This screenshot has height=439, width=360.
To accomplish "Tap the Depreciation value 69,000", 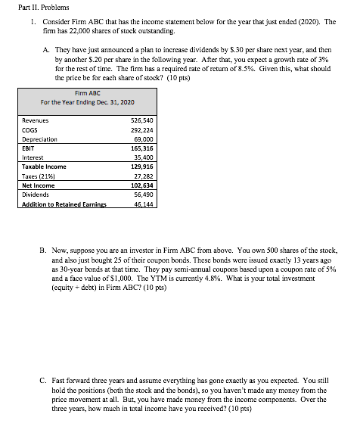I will (144, 140).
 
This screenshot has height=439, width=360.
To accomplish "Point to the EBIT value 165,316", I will (142, 149).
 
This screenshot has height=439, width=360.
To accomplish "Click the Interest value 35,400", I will (144, 158).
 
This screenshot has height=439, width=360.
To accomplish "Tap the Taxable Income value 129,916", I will (142, 167).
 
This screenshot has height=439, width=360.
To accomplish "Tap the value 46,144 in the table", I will (144, 204).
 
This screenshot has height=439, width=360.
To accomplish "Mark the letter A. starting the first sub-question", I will (48, 51).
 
